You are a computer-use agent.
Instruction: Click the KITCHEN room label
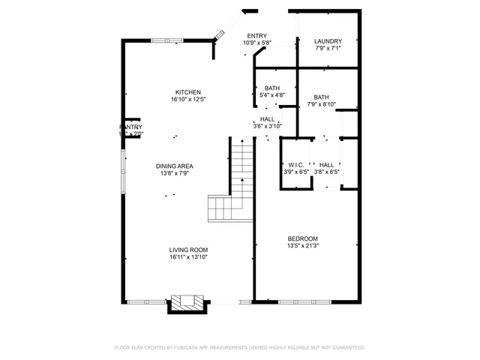pyautogui.click(x=188, y=92)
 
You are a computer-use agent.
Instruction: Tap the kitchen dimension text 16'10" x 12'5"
pyautogui.click(x=188, y=99)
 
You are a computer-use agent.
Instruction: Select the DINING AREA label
pyautogui.click(x=175, y=166)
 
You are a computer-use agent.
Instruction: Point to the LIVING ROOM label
pyautogui.click(x=188, y=250)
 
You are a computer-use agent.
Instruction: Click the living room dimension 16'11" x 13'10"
pyautogui.click(x=188, y=257)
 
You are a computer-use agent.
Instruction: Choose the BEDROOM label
pyautogui.click(x=303, y=238)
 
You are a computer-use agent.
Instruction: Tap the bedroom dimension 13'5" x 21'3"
pyautogui.click(x=303, y=245)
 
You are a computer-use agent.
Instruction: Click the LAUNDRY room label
pyautogui.click(x=328, y=41)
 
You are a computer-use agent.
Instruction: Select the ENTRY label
pyautogui.click(x=256, y=36)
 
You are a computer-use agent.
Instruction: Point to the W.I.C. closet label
pyautogui.click(x=295, y=164)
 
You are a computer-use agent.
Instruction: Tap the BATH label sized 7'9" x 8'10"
pyautogui.click(x=321, y=97)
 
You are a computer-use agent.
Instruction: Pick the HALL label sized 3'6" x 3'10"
pyautogui.click(x=267, y=119)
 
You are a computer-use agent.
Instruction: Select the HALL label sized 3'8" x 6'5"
pyautogui.click(x=326, y=164)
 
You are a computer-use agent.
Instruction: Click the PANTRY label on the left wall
pyautogui.click(x=130, y=127)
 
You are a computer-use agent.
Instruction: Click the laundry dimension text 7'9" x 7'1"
pyautogui.click(x=328, y=49)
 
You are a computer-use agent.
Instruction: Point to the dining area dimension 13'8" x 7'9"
pyautogui.click(x=175, y=173)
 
